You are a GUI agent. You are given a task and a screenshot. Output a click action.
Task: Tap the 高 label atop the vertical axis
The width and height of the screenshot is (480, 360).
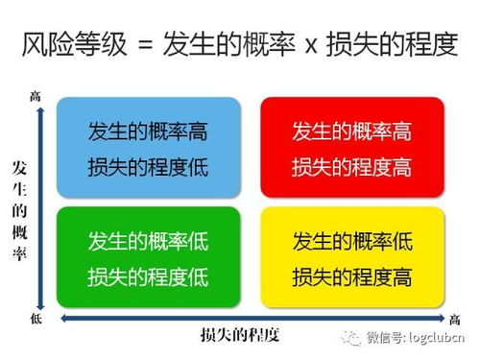click(36, 95)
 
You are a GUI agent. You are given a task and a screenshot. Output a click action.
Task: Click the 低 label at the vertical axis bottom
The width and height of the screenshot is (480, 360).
click(36, 317)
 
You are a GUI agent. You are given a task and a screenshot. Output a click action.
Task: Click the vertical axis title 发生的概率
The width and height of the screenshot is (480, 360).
click(19, 212)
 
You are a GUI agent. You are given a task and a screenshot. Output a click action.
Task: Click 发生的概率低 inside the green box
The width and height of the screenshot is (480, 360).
click(148, 239)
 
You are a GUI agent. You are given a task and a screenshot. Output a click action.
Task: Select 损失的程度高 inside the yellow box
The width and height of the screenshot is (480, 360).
click(351, 277)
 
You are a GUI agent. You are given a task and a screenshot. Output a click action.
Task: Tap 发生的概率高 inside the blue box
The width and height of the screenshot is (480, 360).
click(148, 130)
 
